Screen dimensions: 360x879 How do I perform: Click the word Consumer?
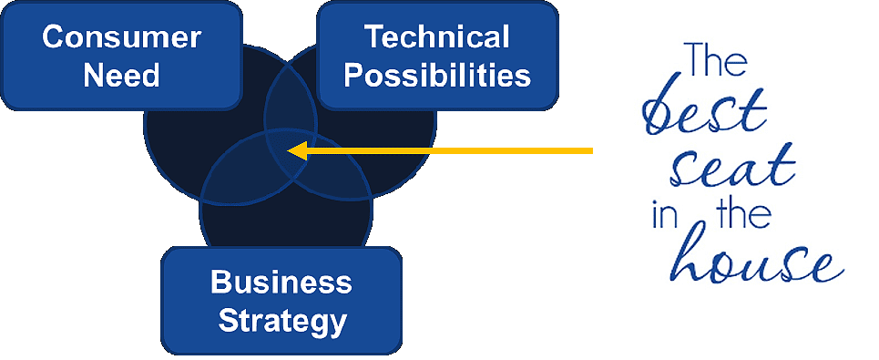(121, 37)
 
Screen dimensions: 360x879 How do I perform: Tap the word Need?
(121, 74)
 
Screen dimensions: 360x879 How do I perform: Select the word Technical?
(436, 37)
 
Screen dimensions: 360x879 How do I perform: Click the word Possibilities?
(436, 74)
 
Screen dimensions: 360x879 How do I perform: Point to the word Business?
(281, 283)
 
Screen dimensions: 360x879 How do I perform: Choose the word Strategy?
(282, 320)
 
